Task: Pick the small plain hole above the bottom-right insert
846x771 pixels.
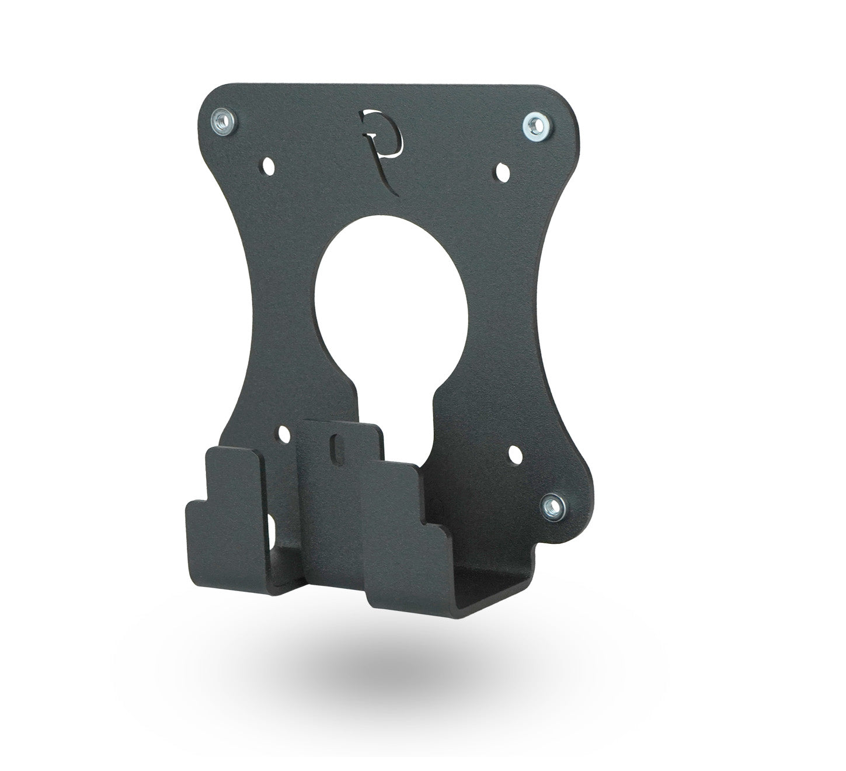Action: (x=516, y=454)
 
